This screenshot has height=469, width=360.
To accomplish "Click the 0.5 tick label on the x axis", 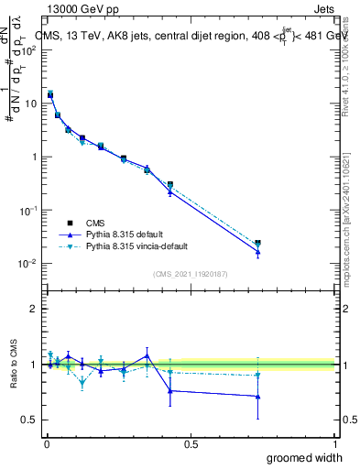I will [x=191, y=442].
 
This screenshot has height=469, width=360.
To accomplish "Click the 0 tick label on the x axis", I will [x=46, y=442].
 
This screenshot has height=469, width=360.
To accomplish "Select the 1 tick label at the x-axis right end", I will [x=334, y=442].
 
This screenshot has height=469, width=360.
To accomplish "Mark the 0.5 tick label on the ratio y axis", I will [x=29, y=420].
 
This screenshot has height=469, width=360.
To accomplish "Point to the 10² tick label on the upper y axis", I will [x=28, y=49].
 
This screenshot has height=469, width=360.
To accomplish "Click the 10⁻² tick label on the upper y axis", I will [x=28, y=264].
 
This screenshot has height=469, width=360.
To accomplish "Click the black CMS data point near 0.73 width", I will [x=257, y=244].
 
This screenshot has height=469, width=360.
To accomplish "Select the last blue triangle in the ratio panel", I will [x=257, y=397].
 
